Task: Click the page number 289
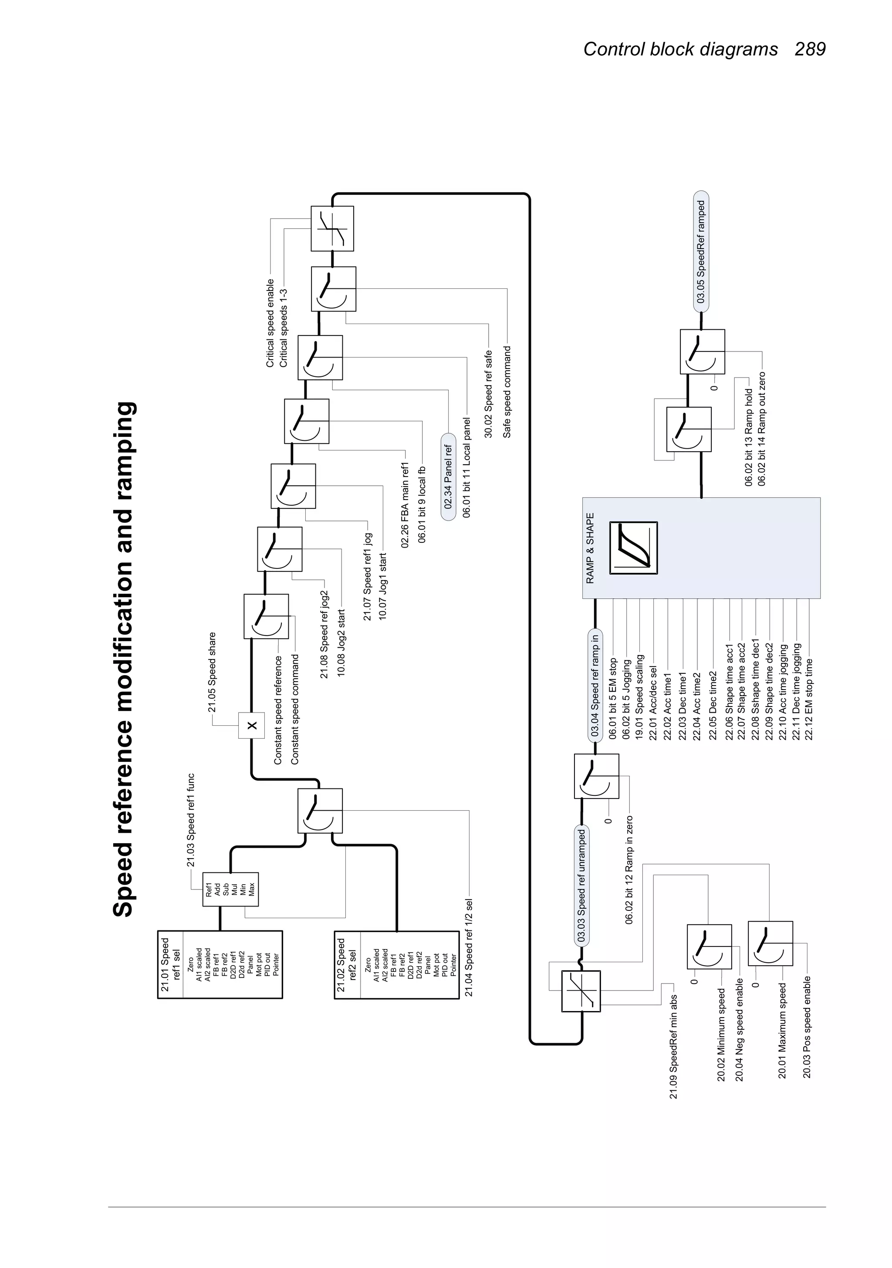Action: pyautogui.click(x=810, y=49)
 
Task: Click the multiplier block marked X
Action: pyautogui.click(x=252, y=725)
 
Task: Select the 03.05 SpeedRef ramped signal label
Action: pyautogui.click(x=701, y=252)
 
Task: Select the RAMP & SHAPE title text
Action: pyautogui.click(x=590, y=548)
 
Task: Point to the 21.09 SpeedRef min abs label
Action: pyautogui.click(x=673, y=1047)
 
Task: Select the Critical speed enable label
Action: pyautogui.click(x=270, y=323)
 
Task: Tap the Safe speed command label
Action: pyautogui.click(x=507, y=392)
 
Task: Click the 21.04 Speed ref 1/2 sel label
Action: pyautogui.click(x=468, y=948)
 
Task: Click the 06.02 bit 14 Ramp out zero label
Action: pyautogui.click(x=762, y=429)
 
